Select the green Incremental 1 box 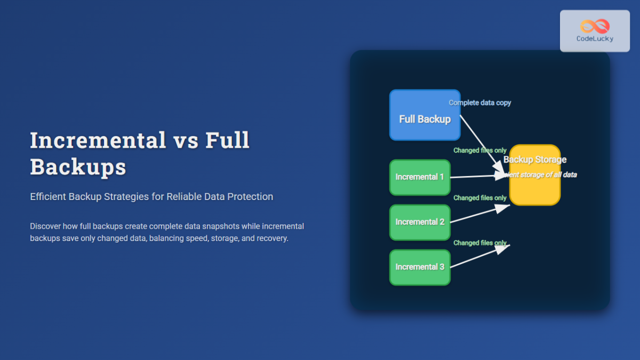pos(420,177)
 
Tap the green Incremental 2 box pos(420,222)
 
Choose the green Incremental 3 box pos(420,267)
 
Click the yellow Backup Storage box pos(535,189)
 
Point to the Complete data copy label pos(479,102)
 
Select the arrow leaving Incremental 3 pos(480,256)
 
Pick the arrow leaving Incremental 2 pos(480,214)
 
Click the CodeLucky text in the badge pos(595,39)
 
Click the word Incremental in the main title pos(98,140)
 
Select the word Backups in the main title pos(78,167)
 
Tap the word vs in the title pos(186,140)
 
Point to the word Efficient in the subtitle pos(48,197)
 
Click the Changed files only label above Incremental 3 pos(479,243)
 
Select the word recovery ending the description pos(271,238)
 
